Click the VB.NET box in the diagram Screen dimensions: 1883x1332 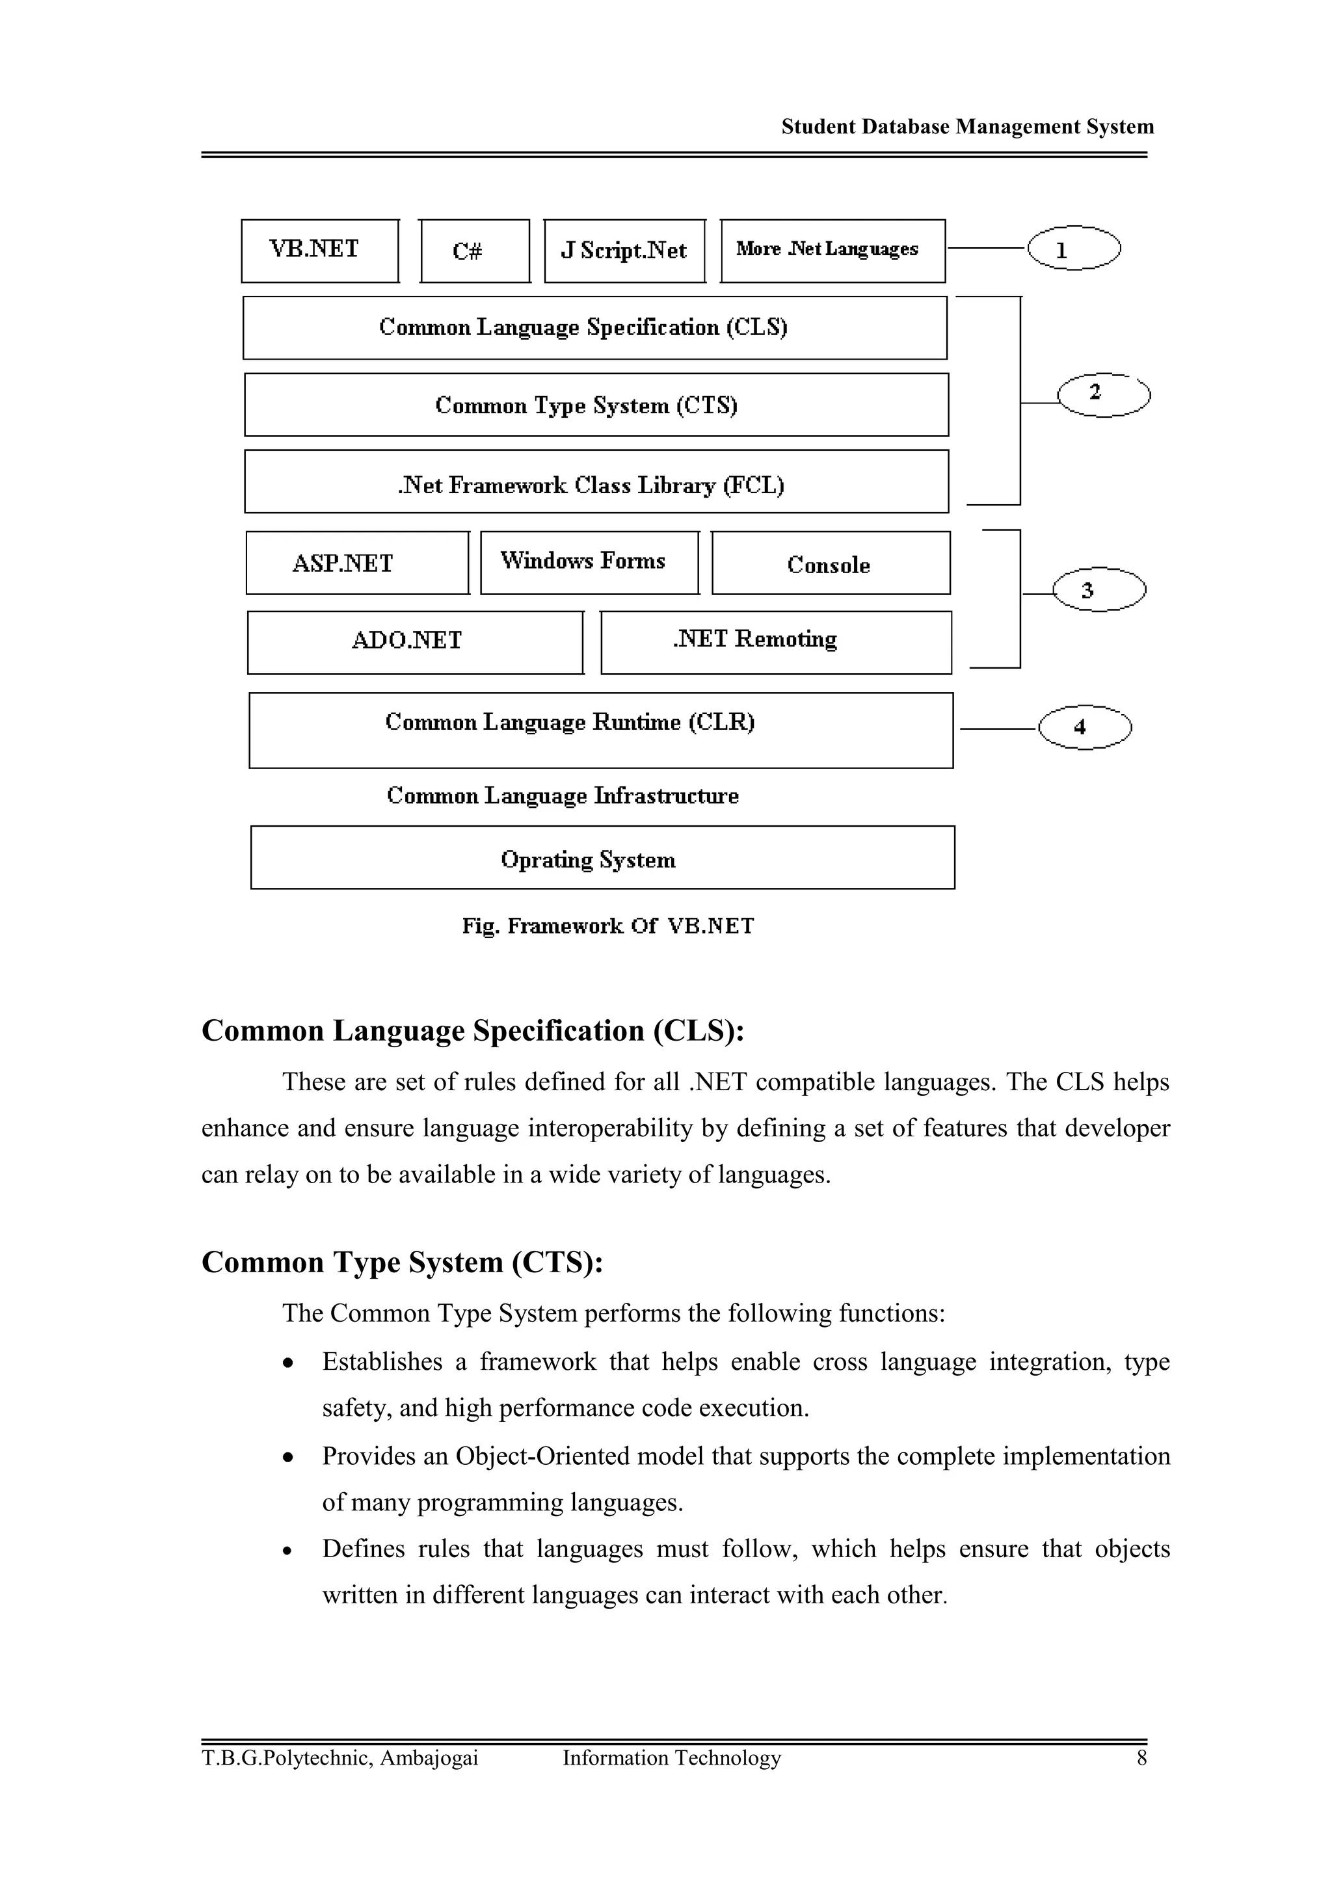click(x=320, y=250)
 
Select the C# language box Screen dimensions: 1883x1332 click(x=474, y=251)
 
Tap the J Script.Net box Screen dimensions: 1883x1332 click(x=624, y=251)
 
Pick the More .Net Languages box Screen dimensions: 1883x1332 click(x=832, y=250)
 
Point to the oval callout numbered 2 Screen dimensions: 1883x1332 click(x=1103, y=395)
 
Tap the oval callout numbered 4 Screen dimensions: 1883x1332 click(x=1084, y=727)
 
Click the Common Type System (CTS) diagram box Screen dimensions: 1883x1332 click(x=596, y=405)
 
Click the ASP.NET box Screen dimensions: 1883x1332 click(x=357, y=563)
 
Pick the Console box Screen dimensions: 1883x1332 click(x=830, y=563)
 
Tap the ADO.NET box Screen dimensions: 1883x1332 click(x=415, y=642)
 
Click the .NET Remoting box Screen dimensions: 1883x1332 click(x=775, y=642)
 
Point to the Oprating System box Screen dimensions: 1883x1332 click(x=602, y=858)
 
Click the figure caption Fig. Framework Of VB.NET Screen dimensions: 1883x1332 click(x=607, y=926)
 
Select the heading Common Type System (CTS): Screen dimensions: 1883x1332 click(x=402, y=1262)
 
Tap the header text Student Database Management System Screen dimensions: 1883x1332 click(x=967, y=127)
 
